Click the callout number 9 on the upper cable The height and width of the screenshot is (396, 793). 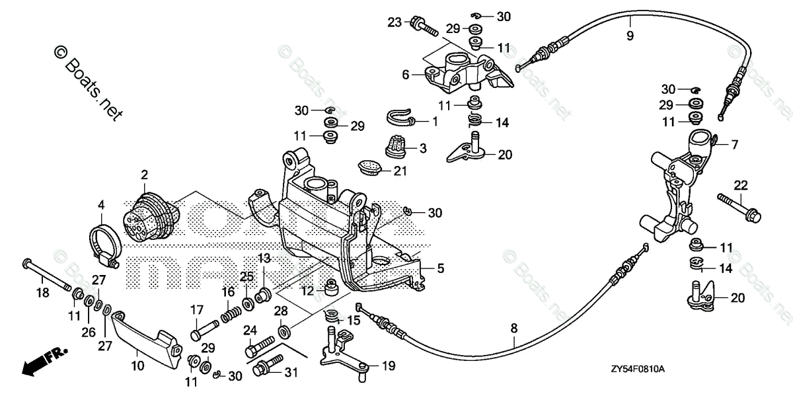click(630, 36)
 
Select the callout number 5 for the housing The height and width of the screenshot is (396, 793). click(440, 268)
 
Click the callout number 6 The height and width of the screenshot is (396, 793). click(406, 75)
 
